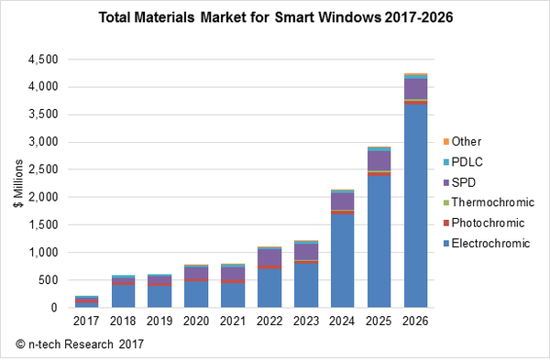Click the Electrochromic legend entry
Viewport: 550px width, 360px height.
coord(482,243)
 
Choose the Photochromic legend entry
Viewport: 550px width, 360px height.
coord(482,223)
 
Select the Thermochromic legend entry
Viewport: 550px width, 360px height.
coord(485,202)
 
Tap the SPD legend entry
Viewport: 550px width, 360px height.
coord(465,182)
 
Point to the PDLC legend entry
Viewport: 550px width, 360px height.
coord(467,162)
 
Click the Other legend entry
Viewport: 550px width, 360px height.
coord(467,142)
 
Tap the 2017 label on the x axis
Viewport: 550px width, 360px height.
coord(86,321)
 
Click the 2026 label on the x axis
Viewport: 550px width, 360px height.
coord(415,321)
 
